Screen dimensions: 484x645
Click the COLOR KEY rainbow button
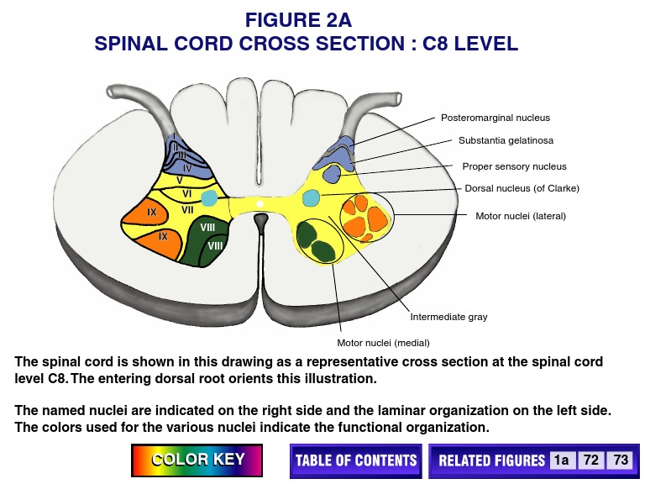click(x=197, y=460)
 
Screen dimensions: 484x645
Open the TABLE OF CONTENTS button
click(x=356, y=460)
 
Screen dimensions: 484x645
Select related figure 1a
click(x=561, y=460)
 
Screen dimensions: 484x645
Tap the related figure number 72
click(x=591, y=460)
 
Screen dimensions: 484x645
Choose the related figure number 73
click(x=621, y=460)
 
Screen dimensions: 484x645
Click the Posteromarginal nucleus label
click(x=496, y=118)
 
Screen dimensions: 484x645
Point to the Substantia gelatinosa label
click(x=506, y=140)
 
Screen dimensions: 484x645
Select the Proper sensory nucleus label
click(x=514, y=166)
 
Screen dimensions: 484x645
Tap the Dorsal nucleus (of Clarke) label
click(x=522, y=188)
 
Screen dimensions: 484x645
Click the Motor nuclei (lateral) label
click(x=521, y=216)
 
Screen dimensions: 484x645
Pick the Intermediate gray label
click(x=448, y=317)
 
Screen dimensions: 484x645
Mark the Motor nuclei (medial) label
click(x=377, y=343)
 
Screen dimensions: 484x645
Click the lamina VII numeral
click(x=187, y=209)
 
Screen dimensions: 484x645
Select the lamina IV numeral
click(x=187, y=168)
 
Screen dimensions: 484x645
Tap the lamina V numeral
click(x=179, y=180)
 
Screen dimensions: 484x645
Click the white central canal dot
click(x=260, y=204)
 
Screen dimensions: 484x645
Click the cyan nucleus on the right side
click(x=311, y=197)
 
